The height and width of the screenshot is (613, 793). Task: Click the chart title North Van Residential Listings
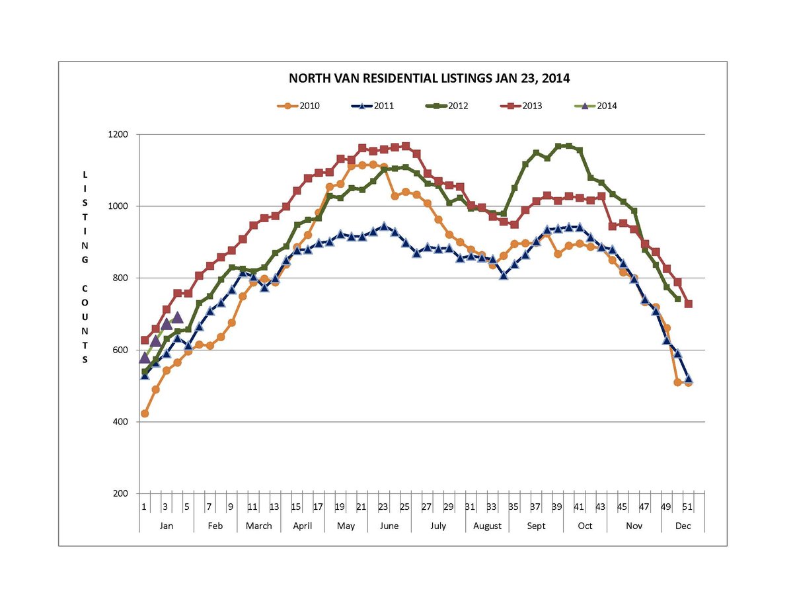429,78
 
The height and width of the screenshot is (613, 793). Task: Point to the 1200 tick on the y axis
120,134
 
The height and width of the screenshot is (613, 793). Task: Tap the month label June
389,526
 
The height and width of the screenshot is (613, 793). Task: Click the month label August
487,526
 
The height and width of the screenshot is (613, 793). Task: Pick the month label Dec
683,526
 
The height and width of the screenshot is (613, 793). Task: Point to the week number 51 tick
688,507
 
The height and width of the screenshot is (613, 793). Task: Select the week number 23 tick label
383,507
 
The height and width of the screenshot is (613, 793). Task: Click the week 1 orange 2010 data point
145,414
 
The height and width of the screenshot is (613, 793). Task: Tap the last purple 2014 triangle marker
177,317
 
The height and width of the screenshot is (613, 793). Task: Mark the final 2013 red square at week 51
689,304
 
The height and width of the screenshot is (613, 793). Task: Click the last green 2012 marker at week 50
677,299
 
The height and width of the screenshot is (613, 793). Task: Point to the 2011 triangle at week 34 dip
504,274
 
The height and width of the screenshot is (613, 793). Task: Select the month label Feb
215,526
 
